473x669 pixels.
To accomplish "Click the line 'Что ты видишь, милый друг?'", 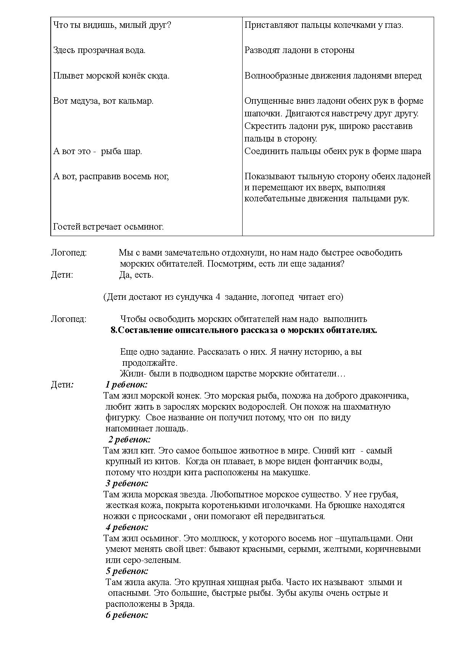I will (x=112, y=26).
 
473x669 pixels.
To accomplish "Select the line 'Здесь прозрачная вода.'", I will (x=99, y=50).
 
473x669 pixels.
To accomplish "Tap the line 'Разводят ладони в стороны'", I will (x=299, y=50).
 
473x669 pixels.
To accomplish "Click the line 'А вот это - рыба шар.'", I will (x=98, y=151).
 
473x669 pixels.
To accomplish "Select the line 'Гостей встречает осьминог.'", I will (x=108, y=227).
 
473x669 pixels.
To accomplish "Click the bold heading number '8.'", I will (x=114, y=330).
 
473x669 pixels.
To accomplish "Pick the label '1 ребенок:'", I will (x=126, y=384).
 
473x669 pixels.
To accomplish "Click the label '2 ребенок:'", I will (x=129, y=439).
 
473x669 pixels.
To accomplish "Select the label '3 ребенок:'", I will (x=127, y=484).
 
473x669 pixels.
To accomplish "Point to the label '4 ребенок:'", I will (x=127, y=527).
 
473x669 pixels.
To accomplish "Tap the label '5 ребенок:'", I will (x=127, y=571).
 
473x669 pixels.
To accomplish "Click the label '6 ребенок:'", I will (x=127, y=615).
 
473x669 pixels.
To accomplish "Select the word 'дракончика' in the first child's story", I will (x=386, y=396).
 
